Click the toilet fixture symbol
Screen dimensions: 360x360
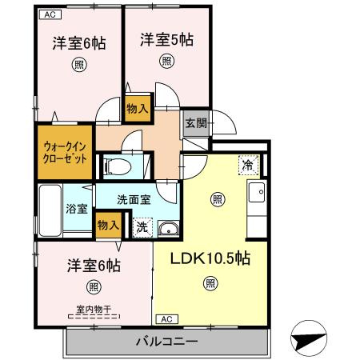117,166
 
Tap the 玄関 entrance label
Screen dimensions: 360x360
195,122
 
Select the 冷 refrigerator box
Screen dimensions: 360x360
248,165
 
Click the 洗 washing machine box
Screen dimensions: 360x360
142,227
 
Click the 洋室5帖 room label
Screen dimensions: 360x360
166,39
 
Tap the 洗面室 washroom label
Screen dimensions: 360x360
134,200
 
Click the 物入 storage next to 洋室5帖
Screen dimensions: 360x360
138,106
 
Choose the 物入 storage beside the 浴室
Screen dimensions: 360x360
106,225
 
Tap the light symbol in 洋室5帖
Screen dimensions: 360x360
166,61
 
